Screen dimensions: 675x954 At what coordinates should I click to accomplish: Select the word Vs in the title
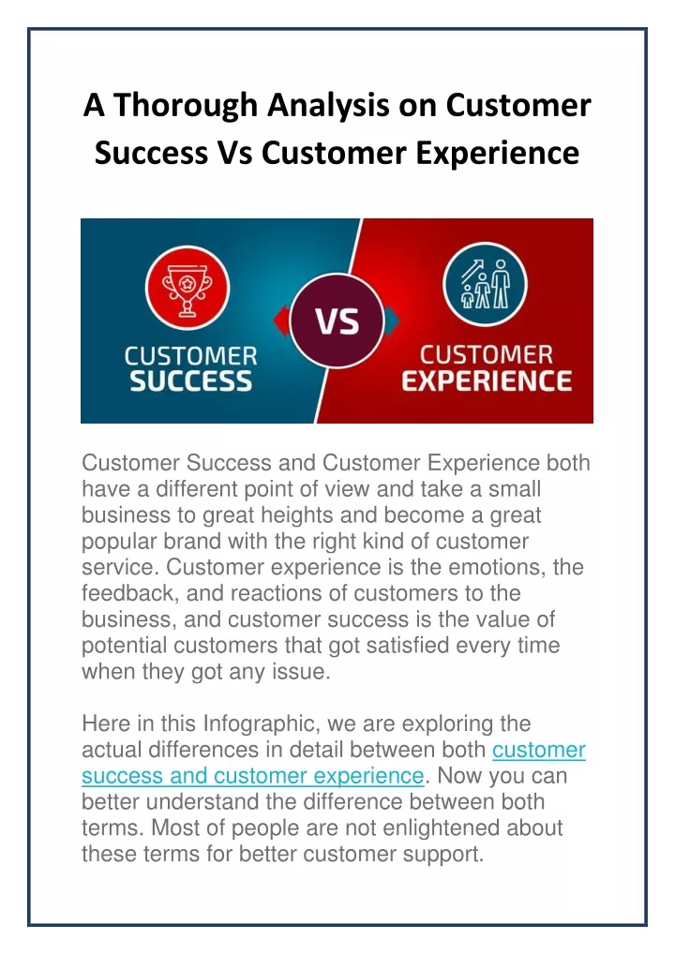coord(234,152)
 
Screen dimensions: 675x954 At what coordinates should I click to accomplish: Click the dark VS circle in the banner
coord(337,320)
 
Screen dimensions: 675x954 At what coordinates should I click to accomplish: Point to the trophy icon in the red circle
coord(187,288)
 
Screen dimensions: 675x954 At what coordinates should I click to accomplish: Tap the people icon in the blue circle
coord(485,284)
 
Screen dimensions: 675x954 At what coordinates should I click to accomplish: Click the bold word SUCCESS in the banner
coord(191,381)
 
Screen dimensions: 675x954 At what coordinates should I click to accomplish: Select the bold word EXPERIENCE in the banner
coord(487,381)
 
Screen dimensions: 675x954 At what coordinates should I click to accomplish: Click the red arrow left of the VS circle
coord(281,320)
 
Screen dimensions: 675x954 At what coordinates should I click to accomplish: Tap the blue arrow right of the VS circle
coord(392,320)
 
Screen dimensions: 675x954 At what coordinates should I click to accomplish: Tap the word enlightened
coord(433,828)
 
